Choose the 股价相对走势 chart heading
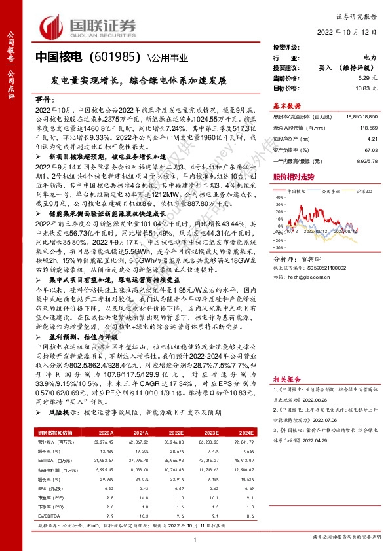(292, 177)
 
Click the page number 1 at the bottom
(195, 539)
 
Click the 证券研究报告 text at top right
(357, 12)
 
